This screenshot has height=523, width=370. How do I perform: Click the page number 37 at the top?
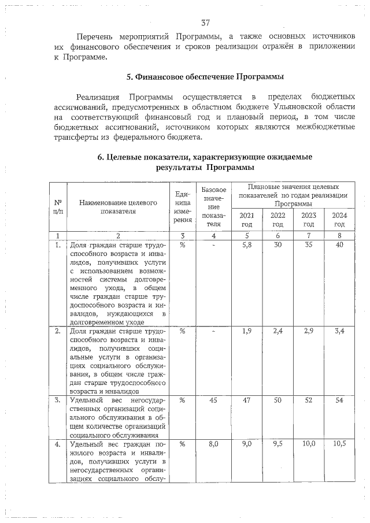coord(205,23)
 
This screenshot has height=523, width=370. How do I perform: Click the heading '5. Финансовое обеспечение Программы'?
coord(205,77)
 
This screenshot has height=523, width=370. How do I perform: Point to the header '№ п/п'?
coord(58,207)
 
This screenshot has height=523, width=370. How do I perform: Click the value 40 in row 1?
coord(339,245)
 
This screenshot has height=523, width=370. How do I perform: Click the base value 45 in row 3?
coord(214,400)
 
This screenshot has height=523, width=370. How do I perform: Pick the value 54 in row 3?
coord(339,400)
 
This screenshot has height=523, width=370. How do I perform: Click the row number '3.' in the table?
coord(58,400)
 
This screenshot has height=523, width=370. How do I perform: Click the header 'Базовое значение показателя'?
coord(214,207)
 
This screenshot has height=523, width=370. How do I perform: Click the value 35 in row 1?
coord(309,245)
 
